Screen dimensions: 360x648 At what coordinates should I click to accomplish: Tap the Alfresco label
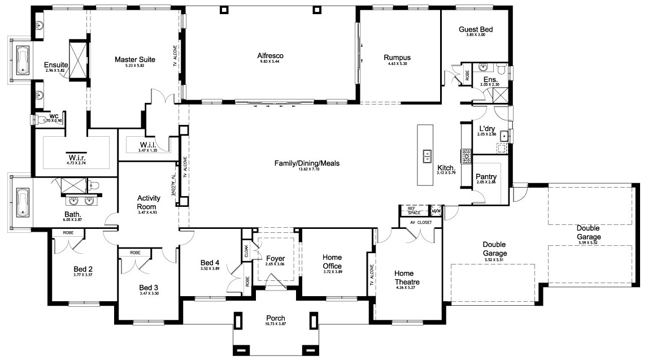point(270,55)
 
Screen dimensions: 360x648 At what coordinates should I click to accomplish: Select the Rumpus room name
point(397,58)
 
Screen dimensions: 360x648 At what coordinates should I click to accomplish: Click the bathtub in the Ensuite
point(23,60)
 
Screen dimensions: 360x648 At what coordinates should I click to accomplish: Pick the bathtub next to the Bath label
point(23,202)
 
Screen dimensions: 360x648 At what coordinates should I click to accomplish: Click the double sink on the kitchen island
point(427,155)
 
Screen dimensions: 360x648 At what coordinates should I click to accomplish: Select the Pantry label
point(486,177)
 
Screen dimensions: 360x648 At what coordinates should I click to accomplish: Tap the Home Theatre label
point(407,277)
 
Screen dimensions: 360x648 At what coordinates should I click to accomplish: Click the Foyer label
point(275,258)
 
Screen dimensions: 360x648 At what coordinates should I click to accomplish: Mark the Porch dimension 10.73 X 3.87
point(276,325)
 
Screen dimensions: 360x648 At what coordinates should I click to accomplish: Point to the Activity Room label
point(149,202)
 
